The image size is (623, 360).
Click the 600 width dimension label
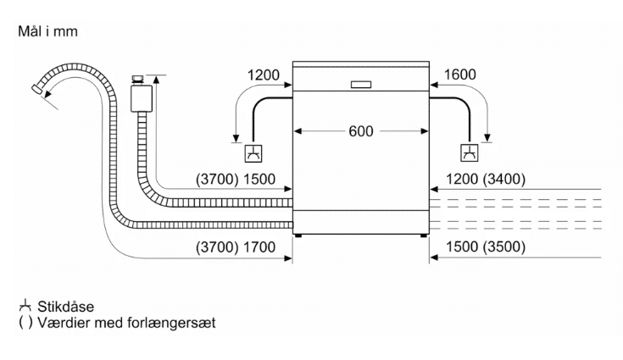(361, 131)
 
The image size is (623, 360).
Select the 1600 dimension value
(459, 75)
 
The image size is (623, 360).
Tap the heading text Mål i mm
(47, 31)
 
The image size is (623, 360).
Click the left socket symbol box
(253, 153)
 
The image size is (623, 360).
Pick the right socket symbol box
(470, 153)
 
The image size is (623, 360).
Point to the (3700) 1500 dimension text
(236, 180)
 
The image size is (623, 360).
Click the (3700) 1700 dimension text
(236, 247)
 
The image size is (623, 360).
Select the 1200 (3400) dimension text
(486, 179)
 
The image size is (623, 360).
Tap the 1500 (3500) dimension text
(486, 246)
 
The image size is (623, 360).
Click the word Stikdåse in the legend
(65, 307)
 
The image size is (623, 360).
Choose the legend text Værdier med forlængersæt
(126, 322)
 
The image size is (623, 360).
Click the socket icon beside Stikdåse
(25, 307)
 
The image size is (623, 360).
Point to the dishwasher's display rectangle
(361, 85)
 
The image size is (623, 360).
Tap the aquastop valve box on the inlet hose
(141, 98)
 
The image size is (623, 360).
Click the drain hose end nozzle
(37, 89)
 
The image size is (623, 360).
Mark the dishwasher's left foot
(298, 235)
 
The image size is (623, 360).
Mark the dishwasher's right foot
(424, 235)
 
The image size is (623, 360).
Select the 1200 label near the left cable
(264, 75)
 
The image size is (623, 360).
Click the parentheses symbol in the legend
(25, 322)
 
